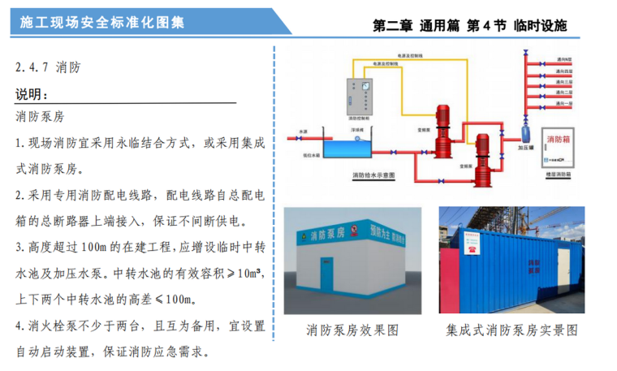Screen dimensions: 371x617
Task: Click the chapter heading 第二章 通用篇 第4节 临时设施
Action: [469, 25]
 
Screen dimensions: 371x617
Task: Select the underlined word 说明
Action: [32, 96]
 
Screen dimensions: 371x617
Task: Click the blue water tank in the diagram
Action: [350, 147]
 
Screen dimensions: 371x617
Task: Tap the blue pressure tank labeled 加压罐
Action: [525, 130]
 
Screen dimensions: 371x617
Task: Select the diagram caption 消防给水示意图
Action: [373, 175]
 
